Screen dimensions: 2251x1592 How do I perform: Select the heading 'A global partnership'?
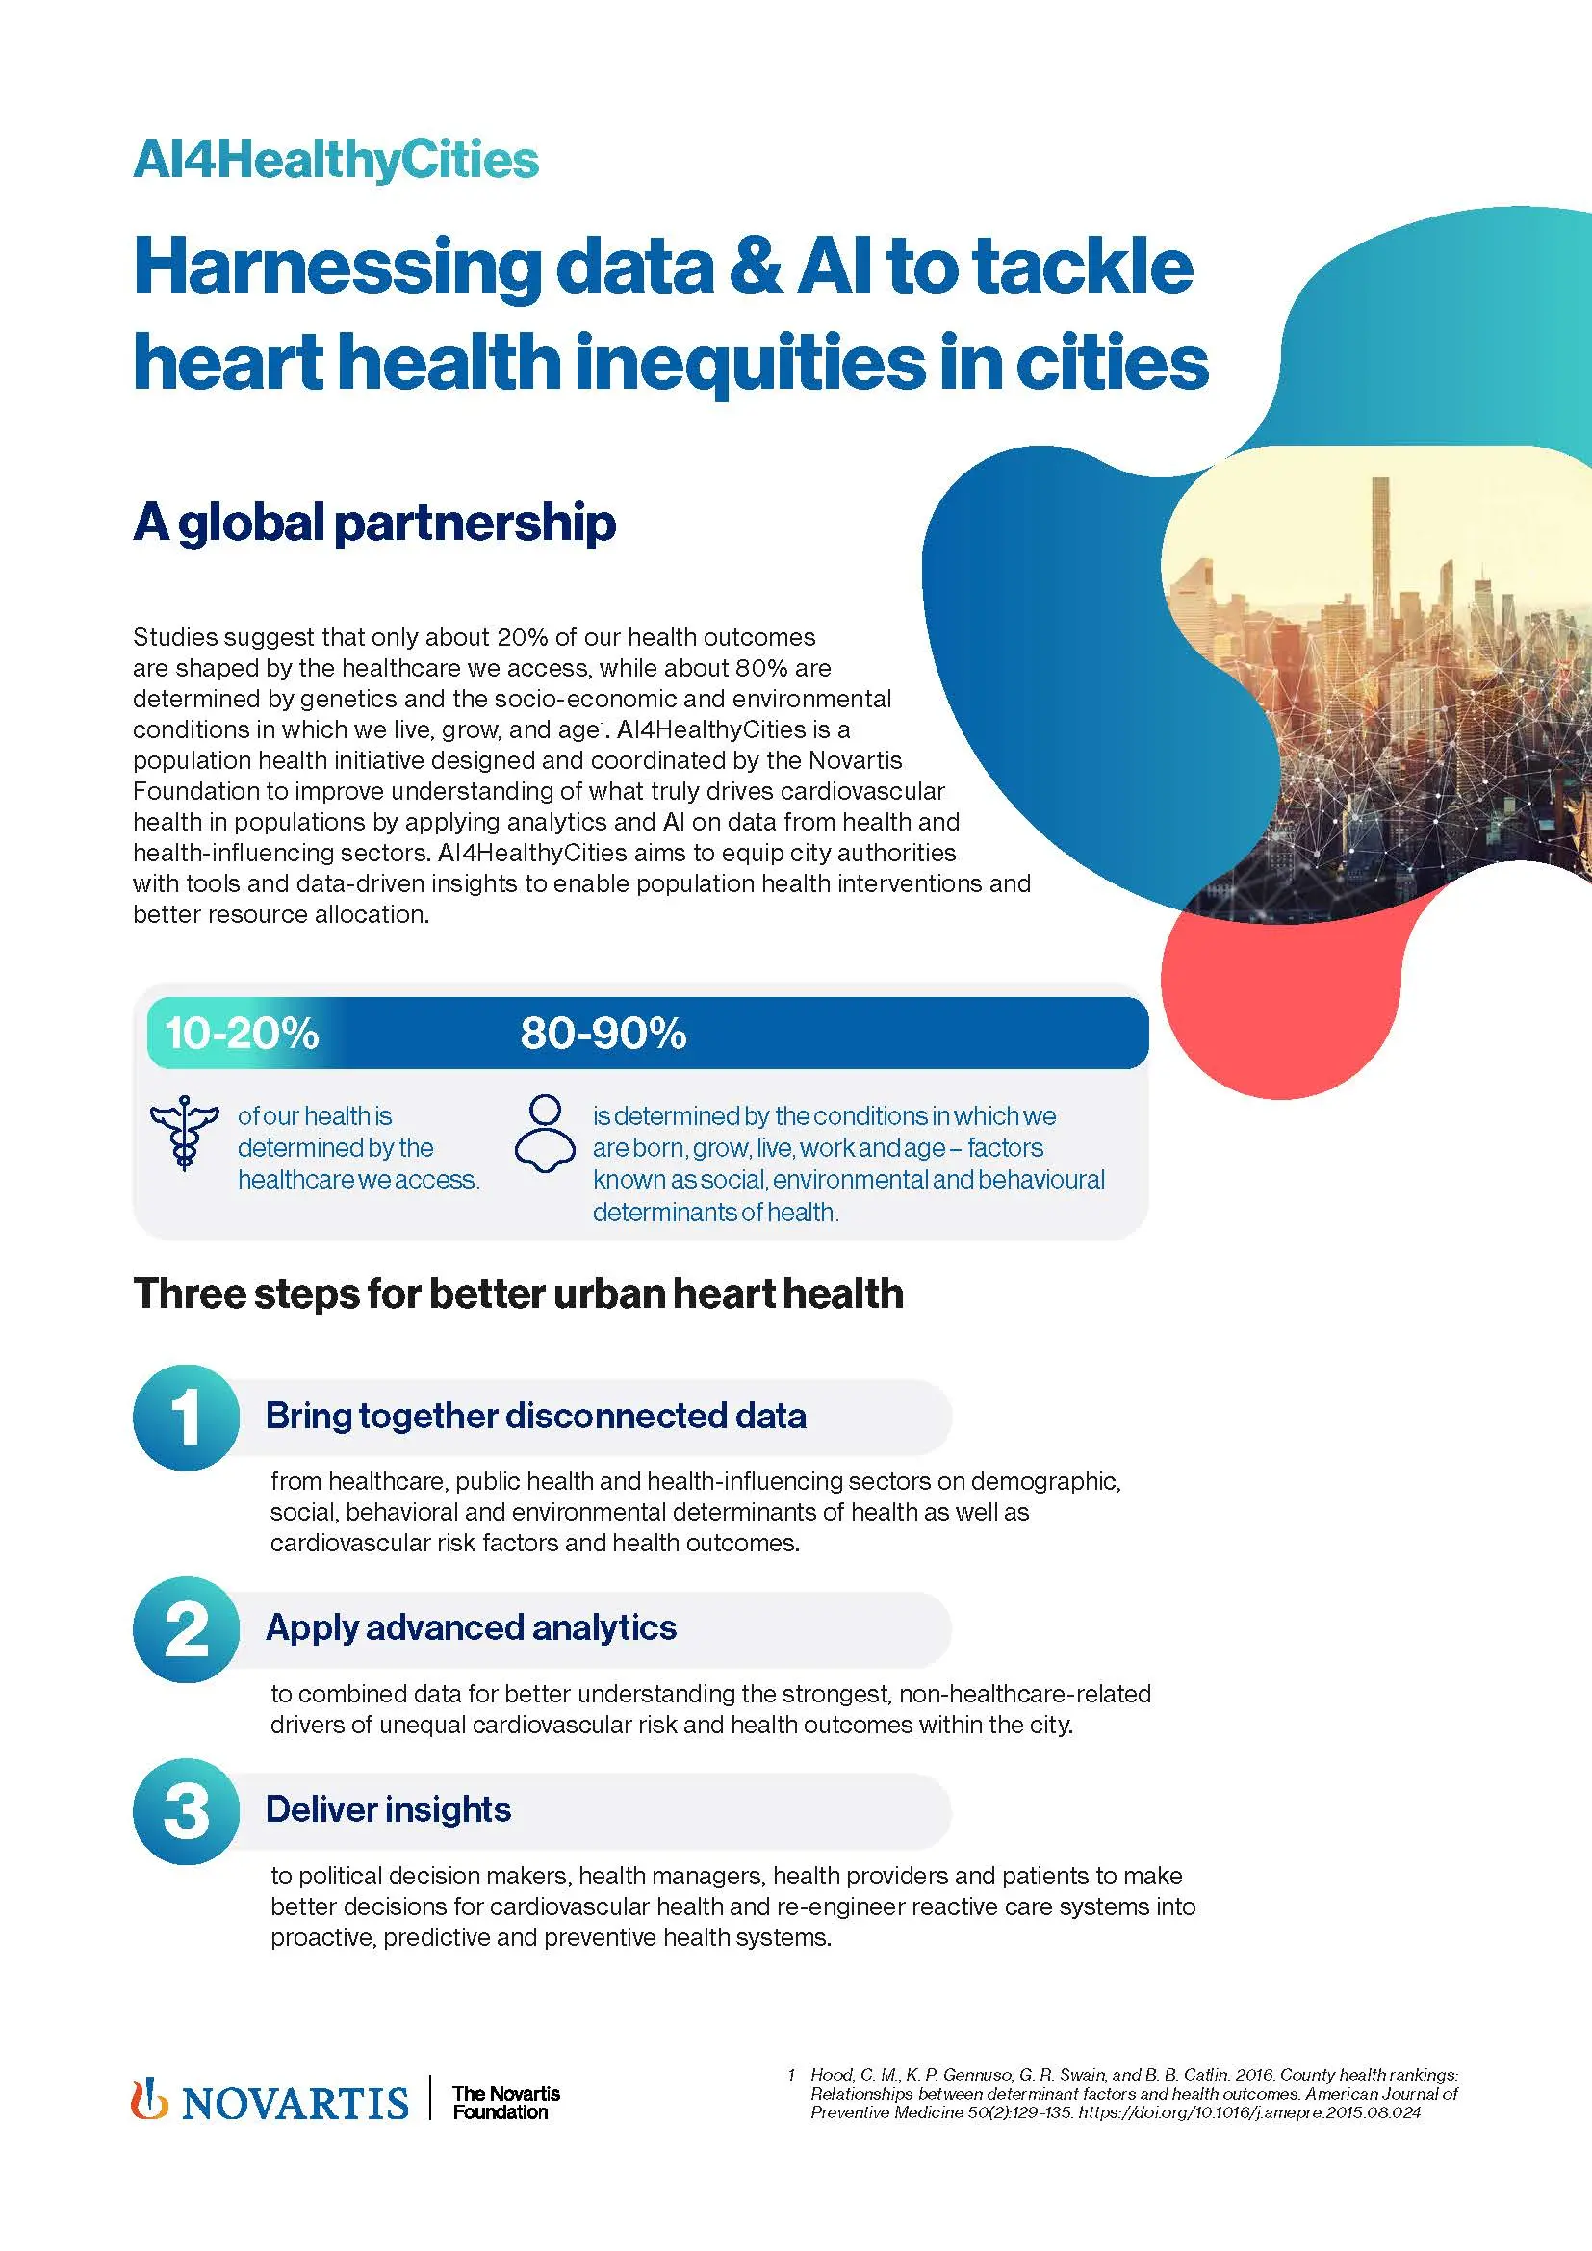tap(374, 523)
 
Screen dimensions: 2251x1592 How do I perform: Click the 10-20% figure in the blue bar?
tap(242, 1034)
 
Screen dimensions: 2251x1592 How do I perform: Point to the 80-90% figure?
tap(603, 1034)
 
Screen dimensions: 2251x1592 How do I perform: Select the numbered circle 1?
tap(185, 1417)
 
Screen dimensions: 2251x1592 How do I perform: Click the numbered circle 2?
tap(185, 1628)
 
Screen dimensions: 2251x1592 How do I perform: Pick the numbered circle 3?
tap(185, 1811)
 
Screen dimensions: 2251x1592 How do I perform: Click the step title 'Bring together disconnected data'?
tap(535, 1416)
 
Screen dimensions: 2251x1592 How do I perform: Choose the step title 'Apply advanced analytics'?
tap(471, 1627)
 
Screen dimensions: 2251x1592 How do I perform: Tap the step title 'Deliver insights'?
tap(388, 1809)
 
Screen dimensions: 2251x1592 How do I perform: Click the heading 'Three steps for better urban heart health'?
tap(518, 1294)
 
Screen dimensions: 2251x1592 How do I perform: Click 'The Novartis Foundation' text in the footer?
tap(505, 2102)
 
